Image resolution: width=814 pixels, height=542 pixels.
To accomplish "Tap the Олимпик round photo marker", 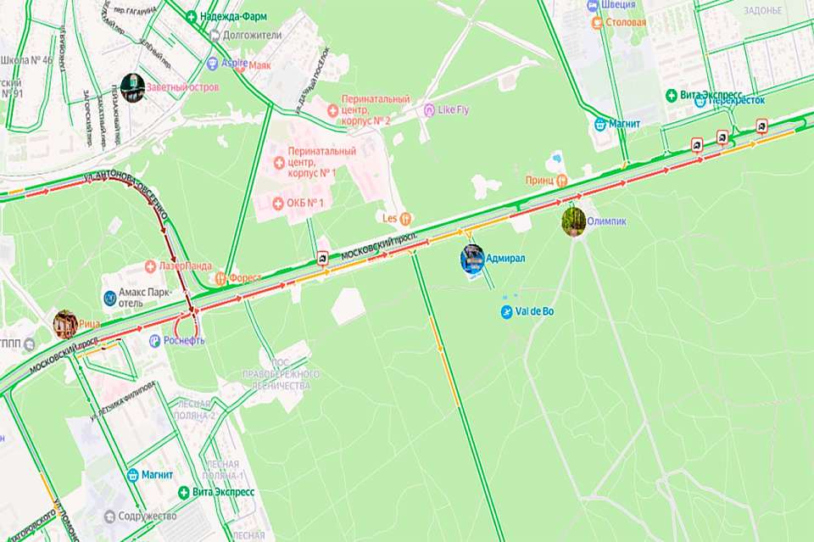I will (574, 221).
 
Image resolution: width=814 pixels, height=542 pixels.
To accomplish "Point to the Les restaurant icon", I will (405, 217).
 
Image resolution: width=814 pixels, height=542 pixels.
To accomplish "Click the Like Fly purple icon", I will (429, 109).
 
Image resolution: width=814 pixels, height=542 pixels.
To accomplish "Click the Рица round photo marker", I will (65, 323).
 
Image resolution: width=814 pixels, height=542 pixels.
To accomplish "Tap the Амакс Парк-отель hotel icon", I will (110, 298).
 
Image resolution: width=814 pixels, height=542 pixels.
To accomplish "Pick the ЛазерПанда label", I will (185, 265).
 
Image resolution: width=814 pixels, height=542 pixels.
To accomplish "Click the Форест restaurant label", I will (245, 277).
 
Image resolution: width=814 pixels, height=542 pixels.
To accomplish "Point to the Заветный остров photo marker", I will (131, 87).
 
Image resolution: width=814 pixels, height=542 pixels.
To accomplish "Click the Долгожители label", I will (250, 36).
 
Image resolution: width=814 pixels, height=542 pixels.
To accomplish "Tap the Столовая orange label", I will (631, 23).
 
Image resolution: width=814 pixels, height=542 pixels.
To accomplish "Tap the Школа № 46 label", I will (27, 60).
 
